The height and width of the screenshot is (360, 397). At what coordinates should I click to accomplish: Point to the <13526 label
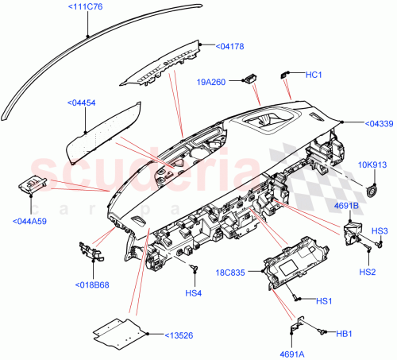[182, 335]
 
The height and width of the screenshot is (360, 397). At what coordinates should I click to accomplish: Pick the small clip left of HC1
[283, 75]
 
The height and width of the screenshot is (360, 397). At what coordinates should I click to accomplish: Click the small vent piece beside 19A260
[250, 77]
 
